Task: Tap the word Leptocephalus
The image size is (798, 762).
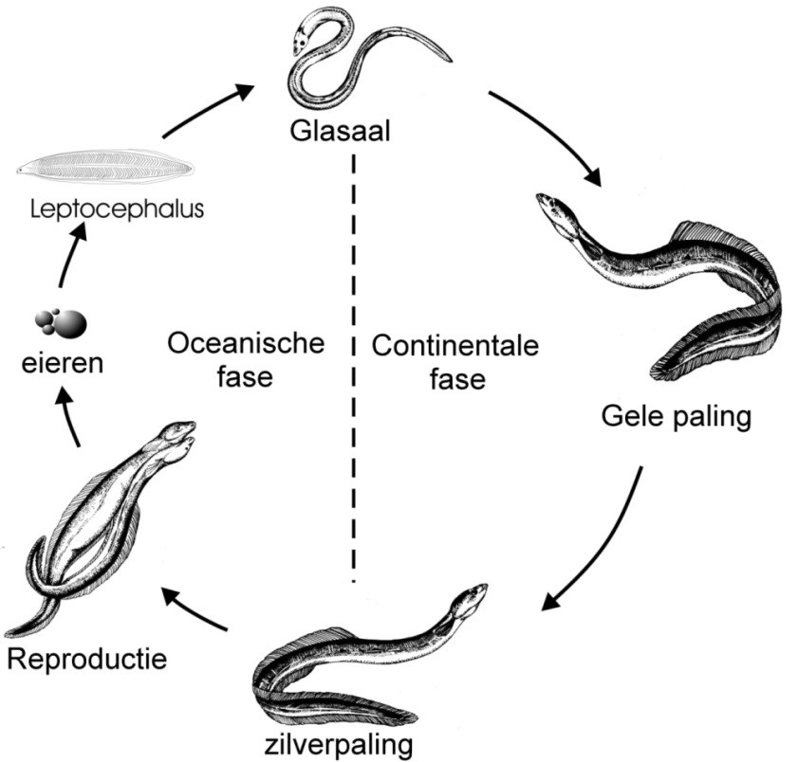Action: click(x=111, y=209)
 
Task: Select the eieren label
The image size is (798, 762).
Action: click(x=65, y=362)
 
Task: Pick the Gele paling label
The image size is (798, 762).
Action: click(x=676, y=417)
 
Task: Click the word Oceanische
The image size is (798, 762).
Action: click(x=246, y=343)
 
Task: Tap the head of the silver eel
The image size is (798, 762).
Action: click(x=470, y=598)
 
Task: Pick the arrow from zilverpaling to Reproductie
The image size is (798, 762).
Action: click(x=195, y=609)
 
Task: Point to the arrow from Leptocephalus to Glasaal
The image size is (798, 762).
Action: click(x=208, y=109)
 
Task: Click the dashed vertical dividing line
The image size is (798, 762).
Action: click(x=353, y=379)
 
